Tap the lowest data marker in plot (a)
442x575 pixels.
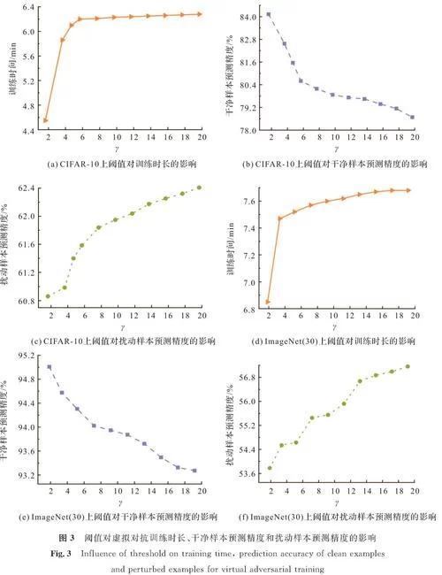coord(45,119)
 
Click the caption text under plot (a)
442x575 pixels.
coord(116,165)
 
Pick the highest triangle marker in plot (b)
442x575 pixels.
coord(269,14)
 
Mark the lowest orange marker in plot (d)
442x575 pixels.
coord(268,303)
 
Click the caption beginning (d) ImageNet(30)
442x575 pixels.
coord(339,341)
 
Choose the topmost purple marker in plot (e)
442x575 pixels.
coord(49,366)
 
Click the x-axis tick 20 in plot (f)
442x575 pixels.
coord(423,490)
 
